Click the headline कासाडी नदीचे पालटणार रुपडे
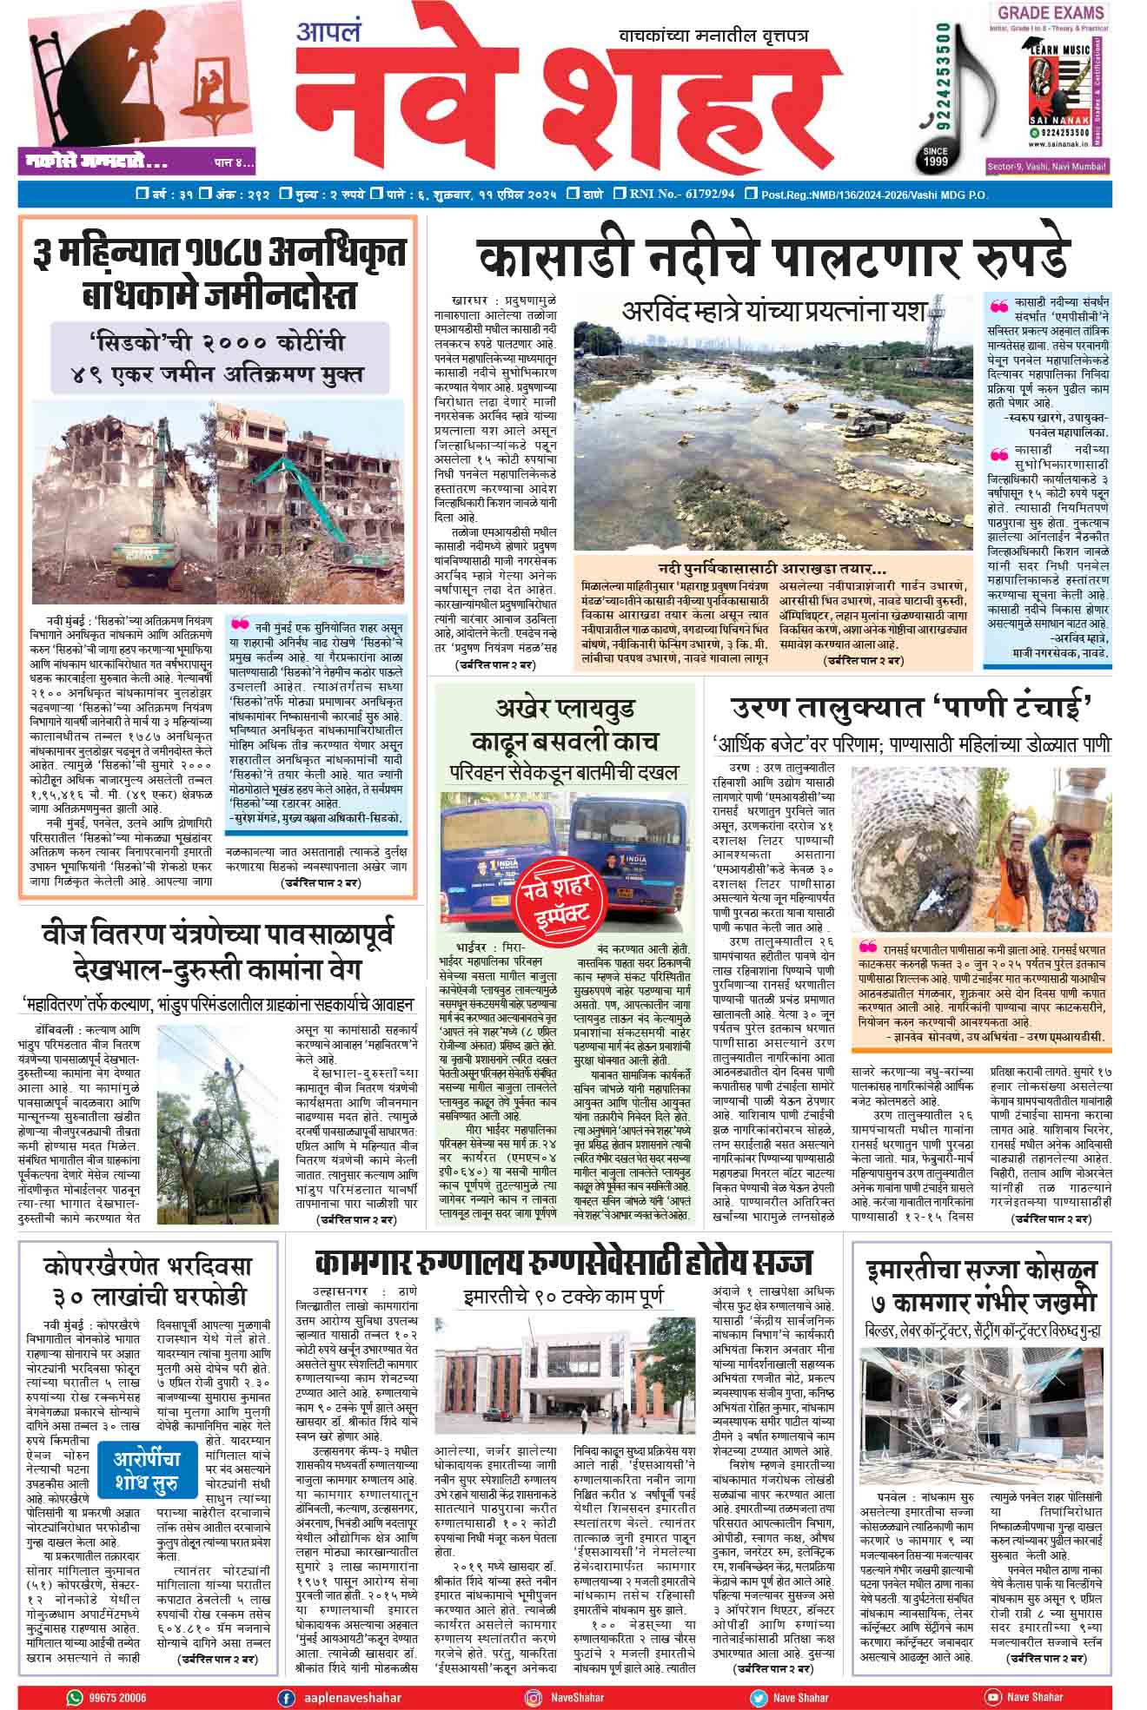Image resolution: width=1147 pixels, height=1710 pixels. [773, 257]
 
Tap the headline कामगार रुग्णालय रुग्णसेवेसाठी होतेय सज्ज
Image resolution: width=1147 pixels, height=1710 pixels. [564, 1261]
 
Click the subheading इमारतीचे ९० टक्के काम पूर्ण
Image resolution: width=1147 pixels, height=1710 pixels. [566, 1297]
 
